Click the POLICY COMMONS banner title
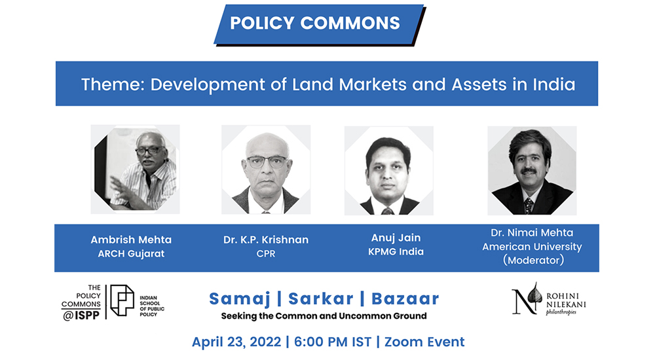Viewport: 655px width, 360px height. (x=315, y=23)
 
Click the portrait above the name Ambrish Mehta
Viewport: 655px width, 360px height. (x=136, y=169)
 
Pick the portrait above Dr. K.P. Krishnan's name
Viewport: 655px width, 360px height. (x=266, y=170)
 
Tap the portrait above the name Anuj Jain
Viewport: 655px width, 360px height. (x=389, y=171)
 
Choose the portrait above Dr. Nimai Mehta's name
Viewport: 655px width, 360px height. (x=532, y=171)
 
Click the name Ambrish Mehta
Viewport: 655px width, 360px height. (x=131, y=240)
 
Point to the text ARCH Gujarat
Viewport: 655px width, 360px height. (x=131, y=253)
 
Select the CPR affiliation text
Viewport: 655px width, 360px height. (x=266, y=253)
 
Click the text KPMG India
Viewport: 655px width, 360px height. (x=396, y=251)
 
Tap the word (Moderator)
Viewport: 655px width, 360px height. (x=533, y=261)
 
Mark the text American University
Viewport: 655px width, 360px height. (x=532, y=246)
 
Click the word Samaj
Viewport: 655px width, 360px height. (x=240, y=299)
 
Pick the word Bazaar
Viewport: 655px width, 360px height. (x=405, y=299)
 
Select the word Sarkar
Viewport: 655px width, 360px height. (x=321, y=299)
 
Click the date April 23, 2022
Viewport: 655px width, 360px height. (x=236, y=342)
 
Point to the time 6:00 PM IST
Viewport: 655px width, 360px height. (x=333, y=342)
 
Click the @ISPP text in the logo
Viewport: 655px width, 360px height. (x=81, y=315)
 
